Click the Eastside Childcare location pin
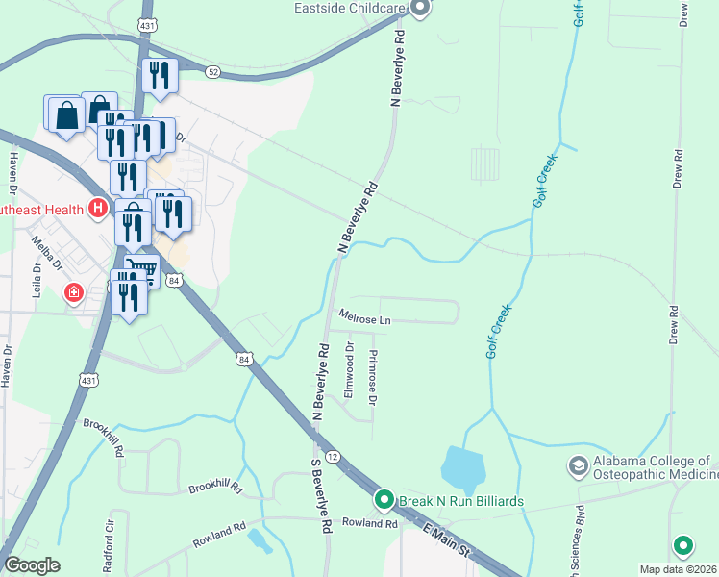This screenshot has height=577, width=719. [x=419, y=9]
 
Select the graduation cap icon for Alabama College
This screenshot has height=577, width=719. [x=578, y=466]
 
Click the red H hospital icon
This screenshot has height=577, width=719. [x=97, y=208]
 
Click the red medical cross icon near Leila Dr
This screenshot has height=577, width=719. [x=74, y=292]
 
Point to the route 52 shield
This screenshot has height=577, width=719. [x=212, y=71]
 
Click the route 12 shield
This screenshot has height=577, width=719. [x=332, y=456]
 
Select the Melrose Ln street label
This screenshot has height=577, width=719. [x=363, y=316]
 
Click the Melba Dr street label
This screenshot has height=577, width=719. [x=46, y=252]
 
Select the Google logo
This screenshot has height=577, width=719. [x=32, y=565]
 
